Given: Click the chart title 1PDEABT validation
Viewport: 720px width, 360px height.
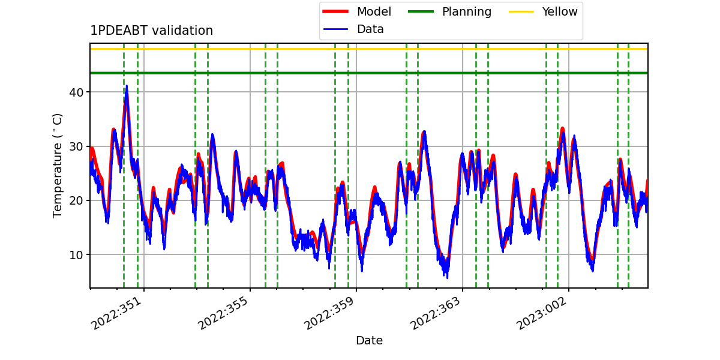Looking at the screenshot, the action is [x=151, y=31].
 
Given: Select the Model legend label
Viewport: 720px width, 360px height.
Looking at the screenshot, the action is [x=374, y=11].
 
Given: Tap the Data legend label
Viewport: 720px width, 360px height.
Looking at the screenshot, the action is [x=370, y=29].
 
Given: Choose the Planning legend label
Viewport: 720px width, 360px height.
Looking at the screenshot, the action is [x=467, y=12].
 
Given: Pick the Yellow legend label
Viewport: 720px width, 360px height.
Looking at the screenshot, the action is [x=560, y=11].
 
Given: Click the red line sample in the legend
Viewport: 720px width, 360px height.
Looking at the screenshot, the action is [x=335, y=11].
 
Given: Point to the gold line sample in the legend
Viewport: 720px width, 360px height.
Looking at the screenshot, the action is [x=521, y=11].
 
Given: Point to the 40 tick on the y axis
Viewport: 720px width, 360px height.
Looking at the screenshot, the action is [x=76, y=92].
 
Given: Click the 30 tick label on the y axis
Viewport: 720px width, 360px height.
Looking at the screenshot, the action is [x=76, y=147].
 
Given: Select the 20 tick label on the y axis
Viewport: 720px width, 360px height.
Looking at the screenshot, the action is [x=76, y=201].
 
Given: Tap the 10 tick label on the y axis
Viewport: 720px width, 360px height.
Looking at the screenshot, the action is [x=76, y=255].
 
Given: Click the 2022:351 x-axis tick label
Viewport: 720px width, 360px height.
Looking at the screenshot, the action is [x=116, y=314].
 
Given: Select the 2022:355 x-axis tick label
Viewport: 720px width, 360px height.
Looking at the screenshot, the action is [x=223, y=314].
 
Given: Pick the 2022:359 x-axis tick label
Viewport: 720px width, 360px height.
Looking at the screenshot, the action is [x=329, y=314].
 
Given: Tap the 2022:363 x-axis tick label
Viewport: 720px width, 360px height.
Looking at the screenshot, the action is [x=435, y=314].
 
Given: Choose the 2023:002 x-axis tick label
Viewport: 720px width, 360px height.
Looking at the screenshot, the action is [x=541, y=314].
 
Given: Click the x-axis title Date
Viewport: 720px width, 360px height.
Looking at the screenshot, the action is [x=370, y=340].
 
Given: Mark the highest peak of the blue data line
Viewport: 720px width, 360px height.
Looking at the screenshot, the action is [x=127, y=85].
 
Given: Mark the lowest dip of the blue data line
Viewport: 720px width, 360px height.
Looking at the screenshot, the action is [x=447, y=278].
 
